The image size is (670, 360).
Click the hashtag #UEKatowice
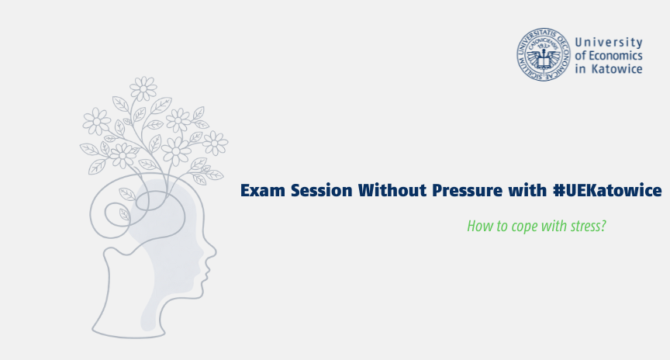pos(607,190)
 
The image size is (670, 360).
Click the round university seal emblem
pos(544,54)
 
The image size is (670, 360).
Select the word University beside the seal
pos(609,43)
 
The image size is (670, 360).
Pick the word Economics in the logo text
pos(615,56)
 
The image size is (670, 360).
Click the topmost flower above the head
pos(143,89)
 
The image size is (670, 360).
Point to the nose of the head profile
pos(212,251)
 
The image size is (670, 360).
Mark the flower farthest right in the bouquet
pos(215,144)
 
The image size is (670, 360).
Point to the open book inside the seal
pos(544,63)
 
